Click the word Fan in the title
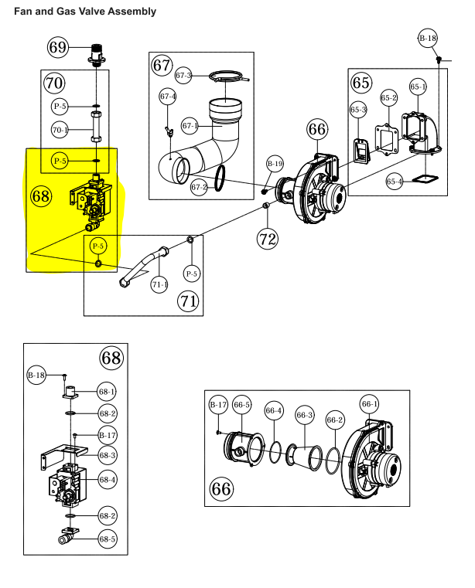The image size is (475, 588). [x=23, y=12]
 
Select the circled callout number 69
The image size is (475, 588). [x=58, y=47]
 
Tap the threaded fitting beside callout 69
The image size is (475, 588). [x=97, y=56]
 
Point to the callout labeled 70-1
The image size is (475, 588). [x=60, y=130]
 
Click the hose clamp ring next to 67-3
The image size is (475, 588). [x=229, y=76]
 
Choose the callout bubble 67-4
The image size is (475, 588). [x=167, y=97]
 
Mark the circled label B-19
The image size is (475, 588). [x=275, y=164]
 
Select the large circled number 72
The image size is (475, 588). [x=268, y=239]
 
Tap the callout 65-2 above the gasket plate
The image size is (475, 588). [x=388, y=98]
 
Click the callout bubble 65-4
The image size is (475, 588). [x=395, y=182]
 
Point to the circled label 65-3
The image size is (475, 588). [x=358, y=110]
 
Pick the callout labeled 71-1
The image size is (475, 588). [x=159, y=284]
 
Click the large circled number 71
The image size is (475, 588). [x=188, y=301]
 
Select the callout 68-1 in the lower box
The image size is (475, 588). [x=107, y=392]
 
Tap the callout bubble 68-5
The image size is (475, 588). [x=108, y=539]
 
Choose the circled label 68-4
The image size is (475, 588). [x=108, y=480]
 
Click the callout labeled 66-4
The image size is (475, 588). [x=274, y=410]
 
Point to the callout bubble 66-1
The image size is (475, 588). [x=370, y=404]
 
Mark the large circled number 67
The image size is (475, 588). [x=162, y=65]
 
